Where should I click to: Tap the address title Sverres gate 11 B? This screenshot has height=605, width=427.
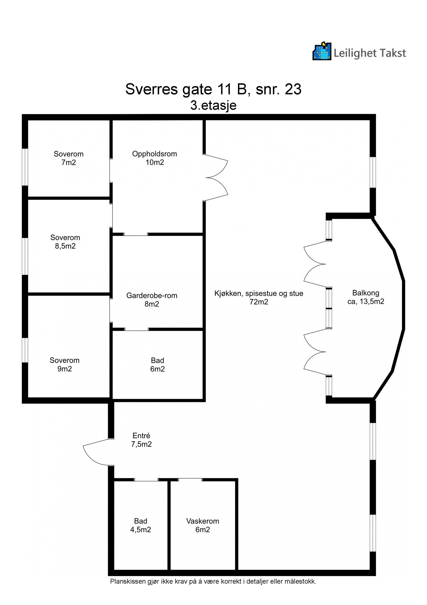(x=213, y=89)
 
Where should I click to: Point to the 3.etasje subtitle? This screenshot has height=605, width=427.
(x=213, y=105)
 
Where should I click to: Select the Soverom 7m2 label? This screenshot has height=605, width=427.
(x=69, y=158)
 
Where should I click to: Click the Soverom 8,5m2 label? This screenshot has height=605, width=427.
(x=65, y=241)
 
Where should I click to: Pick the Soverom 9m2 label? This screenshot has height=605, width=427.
(x=65, y=364)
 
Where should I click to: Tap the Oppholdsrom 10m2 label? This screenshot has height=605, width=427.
(x=155, y=158)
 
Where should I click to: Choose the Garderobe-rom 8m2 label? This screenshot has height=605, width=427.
(x=152, y=299)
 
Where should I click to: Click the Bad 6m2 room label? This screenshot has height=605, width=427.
(x=157, y=364)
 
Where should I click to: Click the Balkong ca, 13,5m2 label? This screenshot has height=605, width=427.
(x=365, y=297)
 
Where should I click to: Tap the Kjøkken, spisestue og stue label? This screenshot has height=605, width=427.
(x=259, y=297)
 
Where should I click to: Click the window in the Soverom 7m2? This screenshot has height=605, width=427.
(x=25, y=167)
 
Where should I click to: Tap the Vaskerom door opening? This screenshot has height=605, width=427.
(x=190, y=480)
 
